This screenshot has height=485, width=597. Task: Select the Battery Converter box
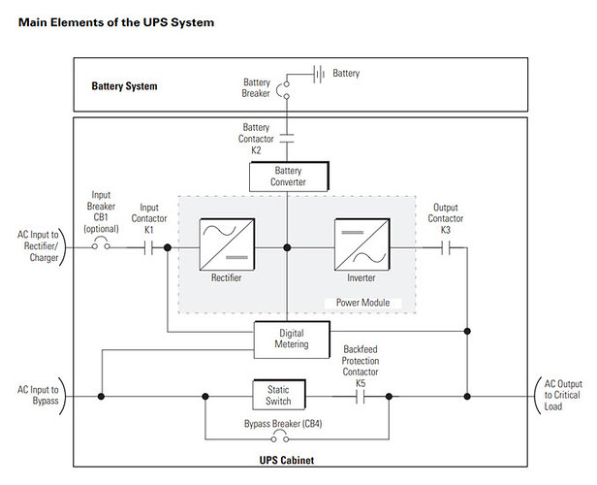click(x=288, y=178)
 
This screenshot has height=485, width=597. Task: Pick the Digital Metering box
click(x=288, y=338)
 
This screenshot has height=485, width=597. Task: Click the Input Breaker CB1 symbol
click(x=100, y=246)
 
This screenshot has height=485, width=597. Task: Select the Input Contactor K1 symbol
click(x=148, y=247)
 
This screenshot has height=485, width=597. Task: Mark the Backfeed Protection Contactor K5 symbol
click(x=361, y=396)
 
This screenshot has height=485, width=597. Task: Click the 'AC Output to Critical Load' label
click(x=562, y=396)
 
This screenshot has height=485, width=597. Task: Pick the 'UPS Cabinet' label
click(x=287, y=459)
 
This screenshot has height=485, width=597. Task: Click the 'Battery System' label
click(x=125, y=86)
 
